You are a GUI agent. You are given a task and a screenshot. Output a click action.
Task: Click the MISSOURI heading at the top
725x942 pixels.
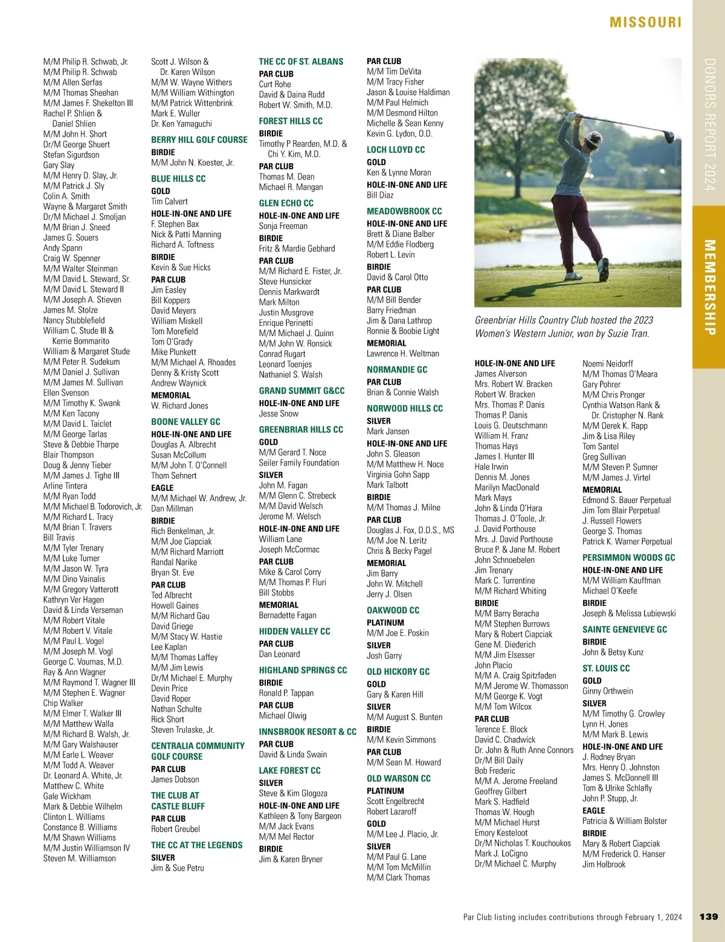click(645, 22)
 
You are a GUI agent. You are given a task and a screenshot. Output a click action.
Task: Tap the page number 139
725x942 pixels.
click(708, 917)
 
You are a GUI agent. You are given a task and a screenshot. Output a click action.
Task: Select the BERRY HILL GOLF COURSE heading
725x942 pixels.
click(199, 140)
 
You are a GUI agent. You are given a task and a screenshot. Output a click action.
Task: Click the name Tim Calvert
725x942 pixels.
click(169, 201)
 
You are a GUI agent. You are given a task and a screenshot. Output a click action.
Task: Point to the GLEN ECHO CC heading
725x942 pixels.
click(286, 203)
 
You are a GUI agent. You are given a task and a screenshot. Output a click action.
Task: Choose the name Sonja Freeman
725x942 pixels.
click(283, 226)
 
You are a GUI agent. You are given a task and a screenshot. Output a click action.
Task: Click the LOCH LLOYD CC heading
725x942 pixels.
click(395, 149)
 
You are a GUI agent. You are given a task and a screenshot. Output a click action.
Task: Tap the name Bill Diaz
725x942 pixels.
click(379, 195)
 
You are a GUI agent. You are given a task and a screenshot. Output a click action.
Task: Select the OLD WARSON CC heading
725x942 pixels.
click(398, 778)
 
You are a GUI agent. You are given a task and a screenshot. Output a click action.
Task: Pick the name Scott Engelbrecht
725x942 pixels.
click(395, 801)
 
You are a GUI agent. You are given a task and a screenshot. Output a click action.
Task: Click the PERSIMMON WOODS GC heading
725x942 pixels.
click(628, 557)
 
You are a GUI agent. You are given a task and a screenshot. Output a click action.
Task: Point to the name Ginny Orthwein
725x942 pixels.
click(607, 691)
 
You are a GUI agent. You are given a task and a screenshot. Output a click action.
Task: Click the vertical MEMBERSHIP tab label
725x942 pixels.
click(709, 287)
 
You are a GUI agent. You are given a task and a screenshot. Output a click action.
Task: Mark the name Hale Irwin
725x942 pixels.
click(491, 467)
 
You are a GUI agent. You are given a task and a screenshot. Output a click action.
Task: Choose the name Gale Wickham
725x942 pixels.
click(66, 796)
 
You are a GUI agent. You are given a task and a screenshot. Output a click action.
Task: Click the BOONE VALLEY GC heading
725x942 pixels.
click(185, 421)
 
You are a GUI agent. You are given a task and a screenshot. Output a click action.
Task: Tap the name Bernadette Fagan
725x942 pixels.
click(287, 615)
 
